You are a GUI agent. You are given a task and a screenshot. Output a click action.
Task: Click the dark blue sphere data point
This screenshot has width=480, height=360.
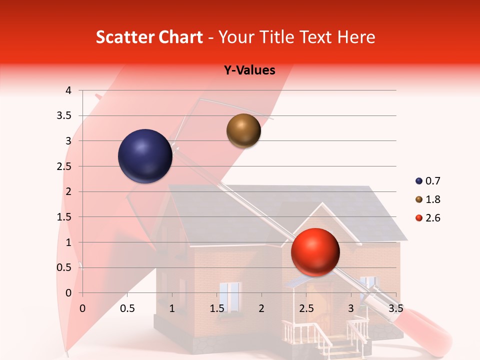[145, 156]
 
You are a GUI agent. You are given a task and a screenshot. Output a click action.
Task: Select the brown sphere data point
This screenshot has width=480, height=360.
[243, 130]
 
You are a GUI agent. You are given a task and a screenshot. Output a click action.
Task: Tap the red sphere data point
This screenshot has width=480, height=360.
[315, 252]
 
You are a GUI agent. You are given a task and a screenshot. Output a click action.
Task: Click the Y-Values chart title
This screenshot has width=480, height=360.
[249, 70]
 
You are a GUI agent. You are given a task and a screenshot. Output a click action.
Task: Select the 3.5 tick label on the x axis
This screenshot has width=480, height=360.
[395, 308]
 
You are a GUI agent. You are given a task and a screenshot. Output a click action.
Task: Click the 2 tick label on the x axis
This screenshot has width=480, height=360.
[261, 308]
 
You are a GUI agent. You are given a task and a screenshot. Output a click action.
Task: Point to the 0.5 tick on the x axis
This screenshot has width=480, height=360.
[127, 308]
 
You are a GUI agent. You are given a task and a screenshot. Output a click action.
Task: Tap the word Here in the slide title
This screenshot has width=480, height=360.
[356, 37]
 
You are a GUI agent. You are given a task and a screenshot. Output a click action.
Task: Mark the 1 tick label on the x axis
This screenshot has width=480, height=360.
[172, 308]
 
